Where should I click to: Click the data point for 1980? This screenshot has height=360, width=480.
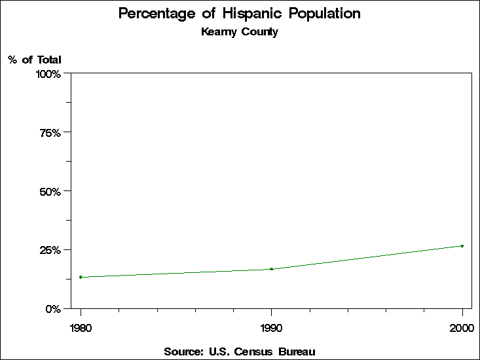[81, 277]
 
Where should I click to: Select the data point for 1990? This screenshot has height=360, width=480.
[271, 269]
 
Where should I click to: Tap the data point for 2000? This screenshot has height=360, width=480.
[462, 246]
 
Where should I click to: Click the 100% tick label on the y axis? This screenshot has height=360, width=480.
[48, 74]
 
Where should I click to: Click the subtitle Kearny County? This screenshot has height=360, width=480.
[240, 32]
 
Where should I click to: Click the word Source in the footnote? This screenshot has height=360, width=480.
[183, 352]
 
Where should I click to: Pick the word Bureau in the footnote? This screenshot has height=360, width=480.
[297, 352]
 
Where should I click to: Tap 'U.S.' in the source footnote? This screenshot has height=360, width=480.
[217, 352]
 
